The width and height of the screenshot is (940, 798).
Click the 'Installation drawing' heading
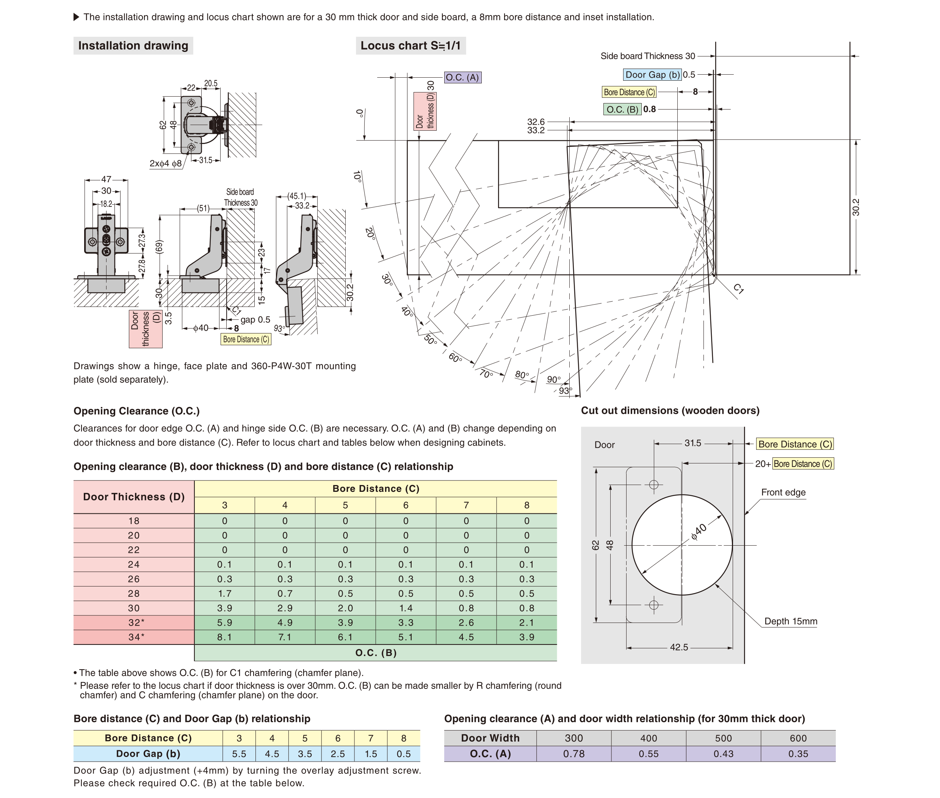pos(133,46)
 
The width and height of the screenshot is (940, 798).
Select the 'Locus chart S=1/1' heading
pos(410,46)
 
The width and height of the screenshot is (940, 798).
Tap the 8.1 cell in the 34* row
pos(224,637)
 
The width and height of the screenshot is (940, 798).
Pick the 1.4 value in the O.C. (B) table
pos(406,608)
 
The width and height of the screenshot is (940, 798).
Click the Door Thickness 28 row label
pos(133,593)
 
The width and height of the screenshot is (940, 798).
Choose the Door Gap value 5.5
pos(239,754)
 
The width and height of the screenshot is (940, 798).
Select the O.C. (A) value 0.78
pos(573,754)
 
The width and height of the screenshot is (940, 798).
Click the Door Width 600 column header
pos(798,738)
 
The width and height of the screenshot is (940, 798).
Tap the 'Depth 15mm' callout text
pos(791,621)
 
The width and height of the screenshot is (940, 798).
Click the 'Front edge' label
pos(783,492)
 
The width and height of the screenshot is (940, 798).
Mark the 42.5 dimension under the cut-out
pos(678,647)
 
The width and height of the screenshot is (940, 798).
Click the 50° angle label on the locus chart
pos(431,340)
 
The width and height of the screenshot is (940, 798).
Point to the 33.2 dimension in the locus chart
pos(536,130)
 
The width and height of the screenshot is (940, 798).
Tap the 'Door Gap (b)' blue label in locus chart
pos(652,75)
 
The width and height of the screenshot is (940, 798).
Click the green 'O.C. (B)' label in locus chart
pos(622,110)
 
